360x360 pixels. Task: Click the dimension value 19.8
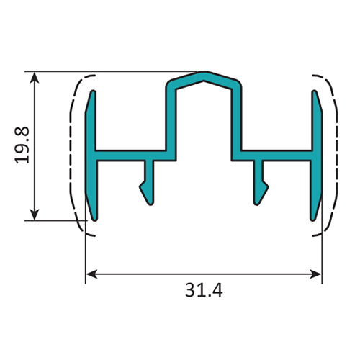pos(22,145)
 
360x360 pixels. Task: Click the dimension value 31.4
pos(204,292)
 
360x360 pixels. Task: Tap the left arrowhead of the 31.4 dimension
pos(91,274)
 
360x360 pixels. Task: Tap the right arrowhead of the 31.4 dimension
pos(317,274)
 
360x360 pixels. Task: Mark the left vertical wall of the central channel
pos(171,119)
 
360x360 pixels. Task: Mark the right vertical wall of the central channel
pos(236,119)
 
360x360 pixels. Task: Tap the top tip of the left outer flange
pos(92,92)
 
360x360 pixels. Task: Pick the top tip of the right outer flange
pos(315,92)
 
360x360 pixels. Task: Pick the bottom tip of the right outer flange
pos(315,218)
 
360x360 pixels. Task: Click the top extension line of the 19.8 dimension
pos(108,71)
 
